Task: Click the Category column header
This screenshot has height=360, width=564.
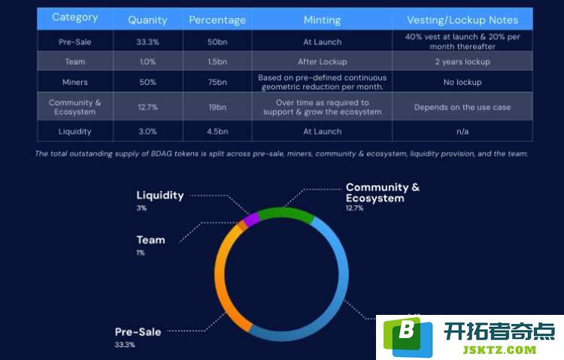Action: (74, 17)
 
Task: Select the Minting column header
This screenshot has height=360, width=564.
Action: (322, 20)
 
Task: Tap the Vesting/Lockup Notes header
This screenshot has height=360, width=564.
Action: (462, 20)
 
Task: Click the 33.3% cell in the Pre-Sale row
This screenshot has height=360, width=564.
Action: (147, 42)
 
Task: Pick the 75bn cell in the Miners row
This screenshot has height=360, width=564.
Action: (217, 82)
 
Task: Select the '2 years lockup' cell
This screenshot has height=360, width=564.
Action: (462, 62)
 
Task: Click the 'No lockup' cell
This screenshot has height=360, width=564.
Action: (462, 83)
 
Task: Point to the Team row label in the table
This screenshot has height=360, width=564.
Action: (75, 62)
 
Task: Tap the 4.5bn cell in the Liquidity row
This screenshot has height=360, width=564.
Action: (217, 132)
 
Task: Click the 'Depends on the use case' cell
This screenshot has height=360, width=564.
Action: (462, 107)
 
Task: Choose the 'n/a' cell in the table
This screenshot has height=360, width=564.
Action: (462, 132)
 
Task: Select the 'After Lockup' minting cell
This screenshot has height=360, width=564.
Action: (323, 62)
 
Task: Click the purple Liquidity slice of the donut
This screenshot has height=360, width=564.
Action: (251, 219)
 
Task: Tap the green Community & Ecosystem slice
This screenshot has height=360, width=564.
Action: (284, 213)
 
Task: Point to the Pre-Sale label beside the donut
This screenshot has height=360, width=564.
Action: (138, 332)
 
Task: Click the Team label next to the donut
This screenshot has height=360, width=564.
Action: (150, 240)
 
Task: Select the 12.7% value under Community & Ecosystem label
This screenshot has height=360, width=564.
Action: (354, 208)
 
